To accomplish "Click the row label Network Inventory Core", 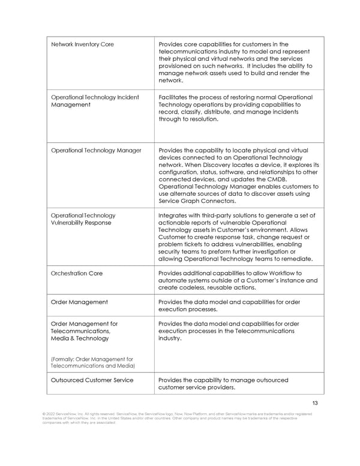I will click(82, 44).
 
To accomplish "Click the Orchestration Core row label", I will click(77, 273).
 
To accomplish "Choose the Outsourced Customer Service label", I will click(92, 380).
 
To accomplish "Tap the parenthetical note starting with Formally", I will click(92, 362).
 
